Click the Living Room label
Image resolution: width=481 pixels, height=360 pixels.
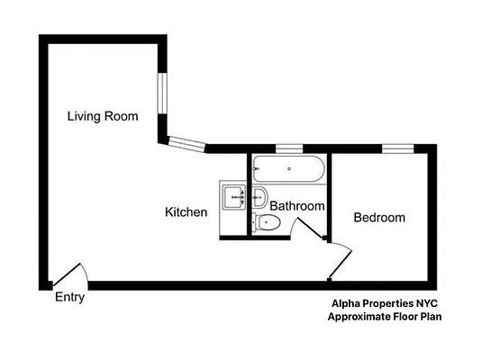point(103,115)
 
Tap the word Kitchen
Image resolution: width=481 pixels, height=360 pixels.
point(186,212)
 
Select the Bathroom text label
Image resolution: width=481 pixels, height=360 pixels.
point(297,206)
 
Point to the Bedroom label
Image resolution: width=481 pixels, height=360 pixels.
point(378,218)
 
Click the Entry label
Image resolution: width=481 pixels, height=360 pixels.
point(70,298)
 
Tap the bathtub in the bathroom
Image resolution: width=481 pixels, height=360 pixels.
point(288,168)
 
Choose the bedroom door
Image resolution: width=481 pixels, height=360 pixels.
point(339,260)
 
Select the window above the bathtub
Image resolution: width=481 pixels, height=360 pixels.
point(288,148)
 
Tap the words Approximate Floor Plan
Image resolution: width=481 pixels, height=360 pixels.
point(384,317)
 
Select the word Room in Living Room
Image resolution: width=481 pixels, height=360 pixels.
point(122,115)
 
